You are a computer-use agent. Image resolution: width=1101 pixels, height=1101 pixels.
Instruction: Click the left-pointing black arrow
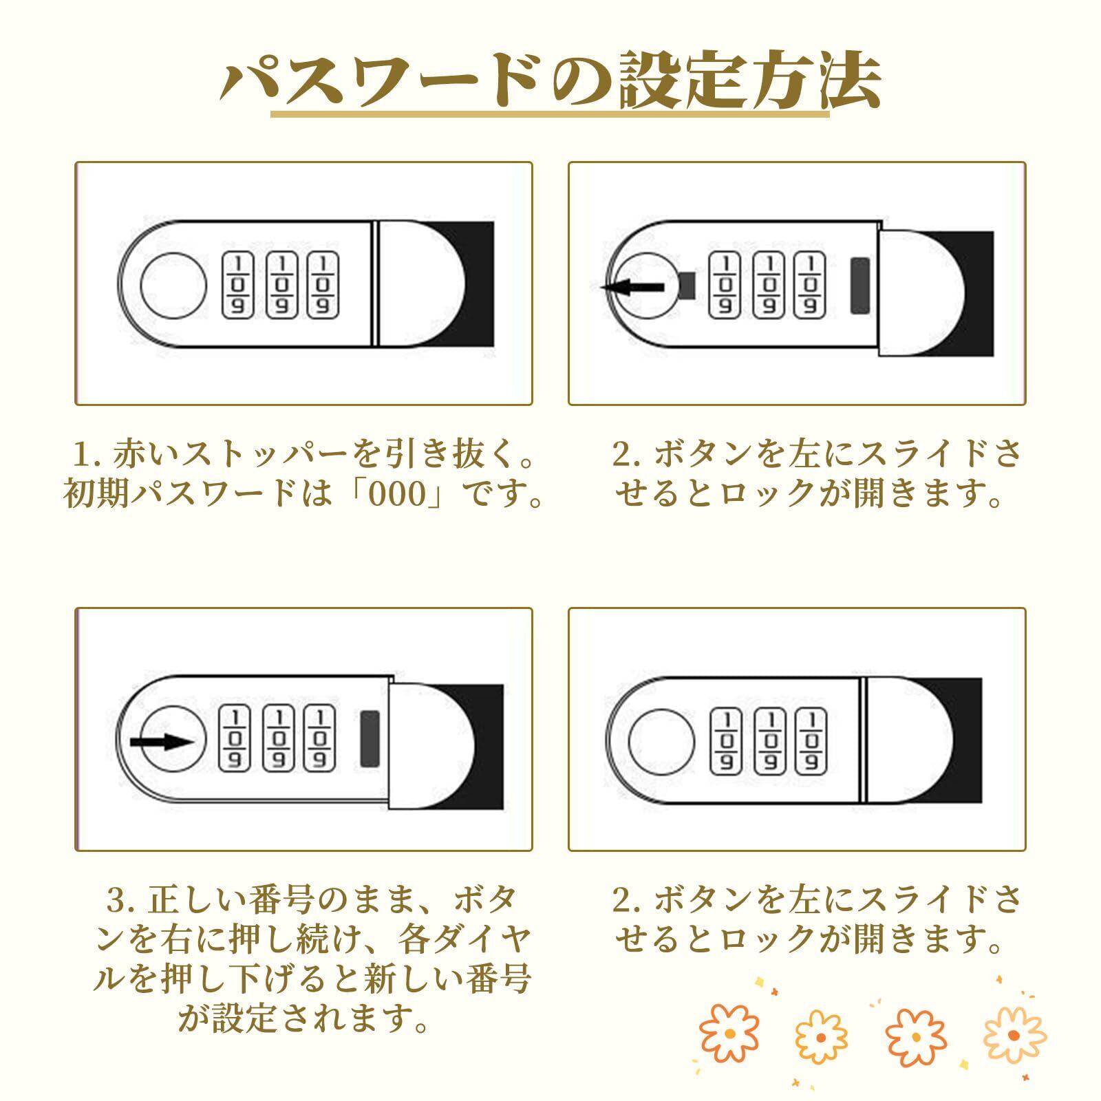pyautogui.click(x=632, y=288)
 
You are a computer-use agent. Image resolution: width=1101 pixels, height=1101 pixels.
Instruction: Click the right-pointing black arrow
pyautogui.click(x=163, y=742)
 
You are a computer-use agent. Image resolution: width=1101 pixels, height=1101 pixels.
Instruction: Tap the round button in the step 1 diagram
pyautogui.click(x=173, y=284)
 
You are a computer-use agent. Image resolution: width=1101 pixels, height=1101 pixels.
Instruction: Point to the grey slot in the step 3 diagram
pyautogui.click(x=370, y=739)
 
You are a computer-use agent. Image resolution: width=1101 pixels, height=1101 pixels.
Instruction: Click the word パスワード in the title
pyautogui.click(x=378, y=81)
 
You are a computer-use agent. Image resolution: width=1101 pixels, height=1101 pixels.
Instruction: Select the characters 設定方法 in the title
pyautogui.click(x=750, y=81)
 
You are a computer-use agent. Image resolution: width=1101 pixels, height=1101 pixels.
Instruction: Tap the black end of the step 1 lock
pyautogui.click(x=480, y=284)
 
